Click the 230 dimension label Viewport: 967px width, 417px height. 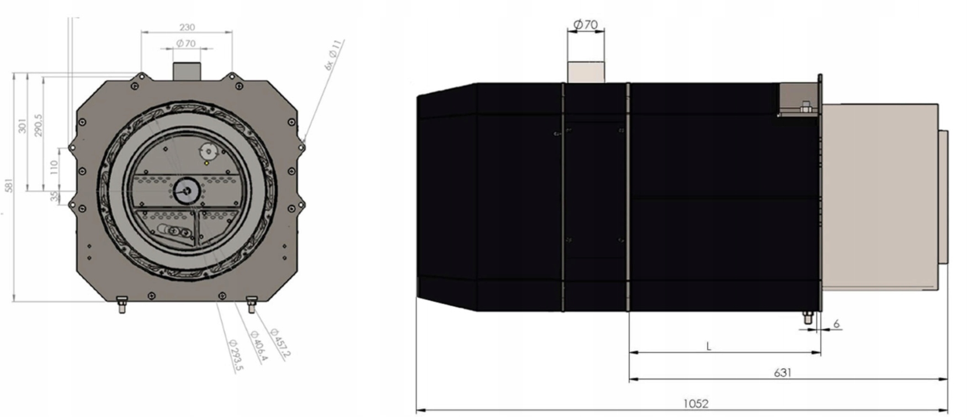pos(187,27)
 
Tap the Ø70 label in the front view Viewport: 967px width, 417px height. pos(186,43)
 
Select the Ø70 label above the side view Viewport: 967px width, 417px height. pos(585,24)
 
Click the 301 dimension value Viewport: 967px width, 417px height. pos(22,126)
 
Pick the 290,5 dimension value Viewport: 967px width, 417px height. pos(38,126)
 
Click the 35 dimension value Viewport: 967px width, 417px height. pos(54,196)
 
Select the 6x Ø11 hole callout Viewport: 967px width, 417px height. pos(334,55)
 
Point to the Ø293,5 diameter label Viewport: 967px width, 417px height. pos(235,355)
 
